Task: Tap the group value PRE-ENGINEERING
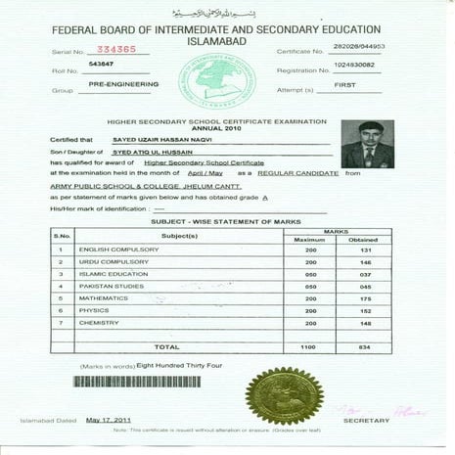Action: point(116,86)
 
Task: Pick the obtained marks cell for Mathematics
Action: point(363,298)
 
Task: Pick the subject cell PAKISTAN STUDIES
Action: point(109,287)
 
